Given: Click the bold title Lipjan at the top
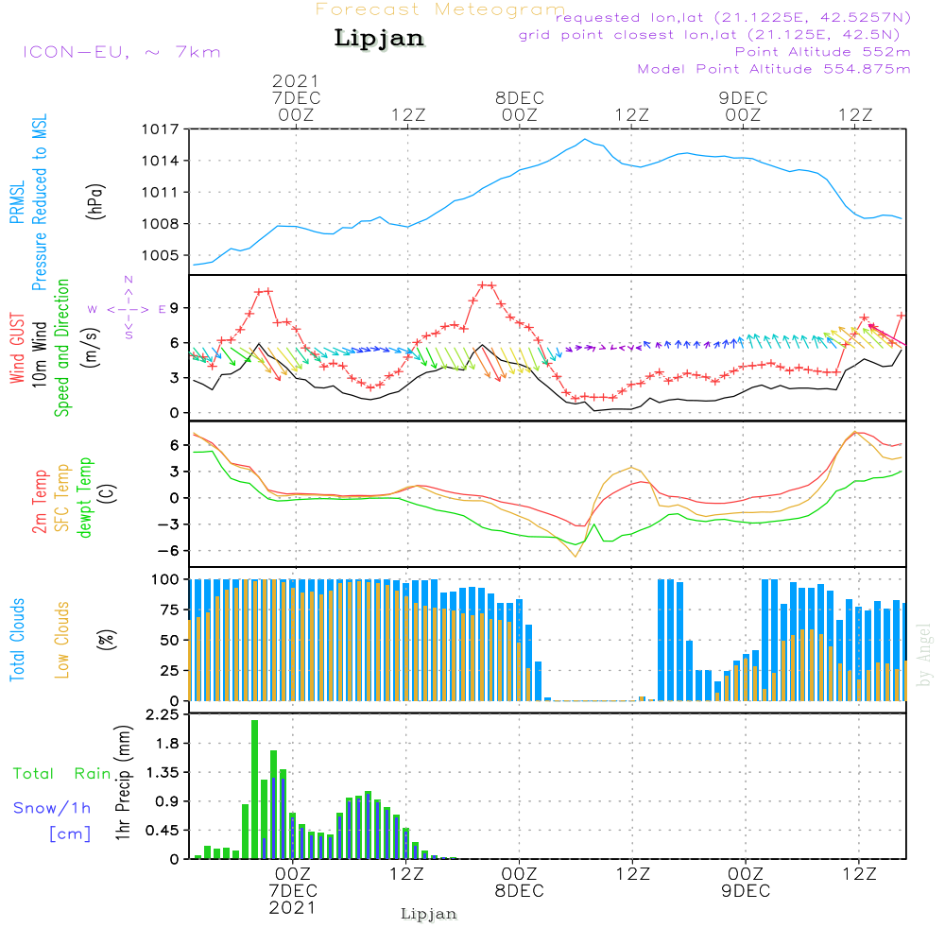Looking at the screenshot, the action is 379,38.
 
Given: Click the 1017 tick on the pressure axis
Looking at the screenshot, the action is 161,129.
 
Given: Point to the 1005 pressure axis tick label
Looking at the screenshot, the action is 161,255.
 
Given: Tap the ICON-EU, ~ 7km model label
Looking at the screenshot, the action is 122,52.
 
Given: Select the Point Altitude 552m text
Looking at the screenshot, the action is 822,52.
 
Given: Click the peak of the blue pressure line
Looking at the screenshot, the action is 584,139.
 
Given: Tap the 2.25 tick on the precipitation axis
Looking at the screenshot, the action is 163,714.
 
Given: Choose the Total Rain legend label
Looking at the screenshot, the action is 61,773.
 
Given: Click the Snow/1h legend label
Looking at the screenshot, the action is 52,808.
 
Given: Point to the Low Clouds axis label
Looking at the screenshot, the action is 62,640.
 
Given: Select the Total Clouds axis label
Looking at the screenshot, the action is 17,640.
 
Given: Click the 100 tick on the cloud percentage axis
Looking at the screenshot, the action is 164,579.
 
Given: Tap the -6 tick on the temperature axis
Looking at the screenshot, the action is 168,550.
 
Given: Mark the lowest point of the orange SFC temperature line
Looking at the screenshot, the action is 576,557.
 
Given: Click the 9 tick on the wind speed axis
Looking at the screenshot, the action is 174,308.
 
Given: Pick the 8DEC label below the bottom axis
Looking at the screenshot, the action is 519,891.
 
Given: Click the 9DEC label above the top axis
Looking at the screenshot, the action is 743,98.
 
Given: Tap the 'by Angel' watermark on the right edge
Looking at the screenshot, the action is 924,655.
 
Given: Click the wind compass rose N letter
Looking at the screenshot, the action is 129,280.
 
